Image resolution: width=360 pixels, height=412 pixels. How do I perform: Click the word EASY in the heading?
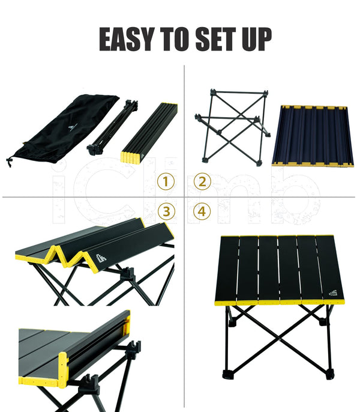[x=127, y=39]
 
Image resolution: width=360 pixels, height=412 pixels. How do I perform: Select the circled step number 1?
[x=166, y=181]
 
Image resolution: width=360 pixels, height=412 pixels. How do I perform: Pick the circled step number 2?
[x=202, y=181]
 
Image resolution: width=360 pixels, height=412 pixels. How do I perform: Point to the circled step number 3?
[x=166, y=211]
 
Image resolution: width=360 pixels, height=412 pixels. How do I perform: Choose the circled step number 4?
[x=202, y=211]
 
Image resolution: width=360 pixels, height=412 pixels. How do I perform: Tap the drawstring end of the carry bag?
[x=10, y=162]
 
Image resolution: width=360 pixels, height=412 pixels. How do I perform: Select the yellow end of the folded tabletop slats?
[x=131, y=157]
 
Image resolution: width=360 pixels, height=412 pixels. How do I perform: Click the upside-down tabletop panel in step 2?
[x=313, y=136]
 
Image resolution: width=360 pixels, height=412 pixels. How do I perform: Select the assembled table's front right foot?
[x=330, y=374]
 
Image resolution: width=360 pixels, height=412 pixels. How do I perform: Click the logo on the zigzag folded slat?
[x=102, y=258]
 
